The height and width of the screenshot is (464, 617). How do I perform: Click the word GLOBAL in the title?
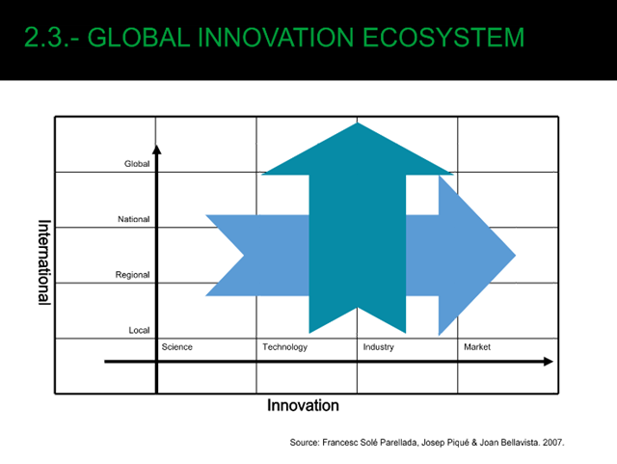point(138,38)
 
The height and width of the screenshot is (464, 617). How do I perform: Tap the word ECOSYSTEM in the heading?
point(443,38)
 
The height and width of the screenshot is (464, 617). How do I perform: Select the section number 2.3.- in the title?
point(51,38)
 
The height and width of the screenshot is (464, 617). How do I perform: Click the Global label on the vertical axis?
point(137,164)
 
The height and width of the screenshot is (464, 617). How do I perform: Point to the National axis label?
point(134,219)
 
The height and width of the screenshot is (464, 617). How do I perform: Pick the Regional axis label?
point(133,275)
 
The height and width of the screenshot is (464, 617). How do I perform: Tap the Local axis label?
point(139,330)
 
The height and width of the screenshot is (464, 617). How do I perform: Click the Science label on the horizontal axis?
point(177,347)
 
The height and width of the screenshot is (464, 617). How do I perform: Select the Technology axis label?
point(285,347)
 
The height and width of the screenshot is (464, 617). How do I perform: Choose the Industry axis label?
point(379,347)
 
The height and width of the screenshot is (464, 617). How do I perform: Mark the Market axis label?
point(477,347)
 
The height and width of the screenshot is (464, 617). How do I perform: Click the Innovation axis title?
point(303,405)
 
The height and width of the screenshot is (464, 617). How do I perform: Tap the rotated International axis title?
point(44,262)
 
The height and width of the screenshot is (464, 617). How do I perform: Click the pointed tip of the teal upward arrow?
point(358,123)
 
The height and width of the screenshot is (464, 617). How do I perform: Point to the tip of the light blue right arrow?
point(515,256)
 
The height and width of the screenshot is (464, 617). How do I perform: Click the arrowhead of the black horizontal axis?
point(549,362)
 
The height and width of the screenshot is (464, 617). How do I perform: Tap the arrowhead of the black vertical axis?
point(157,150)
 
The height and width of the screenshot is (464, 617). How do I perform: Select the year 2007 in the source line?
point(552,443)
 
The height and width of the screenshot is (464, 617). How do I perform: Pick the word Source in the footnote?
point(305,443)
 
